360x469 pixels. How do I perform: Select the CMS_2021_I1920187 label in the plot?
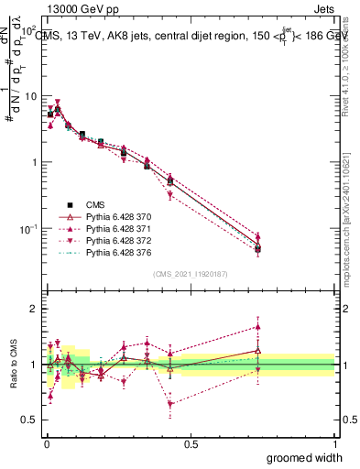tap(191, 274)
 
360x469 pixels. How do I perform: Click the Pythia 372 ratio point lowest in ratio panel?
tap(170, 404)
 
